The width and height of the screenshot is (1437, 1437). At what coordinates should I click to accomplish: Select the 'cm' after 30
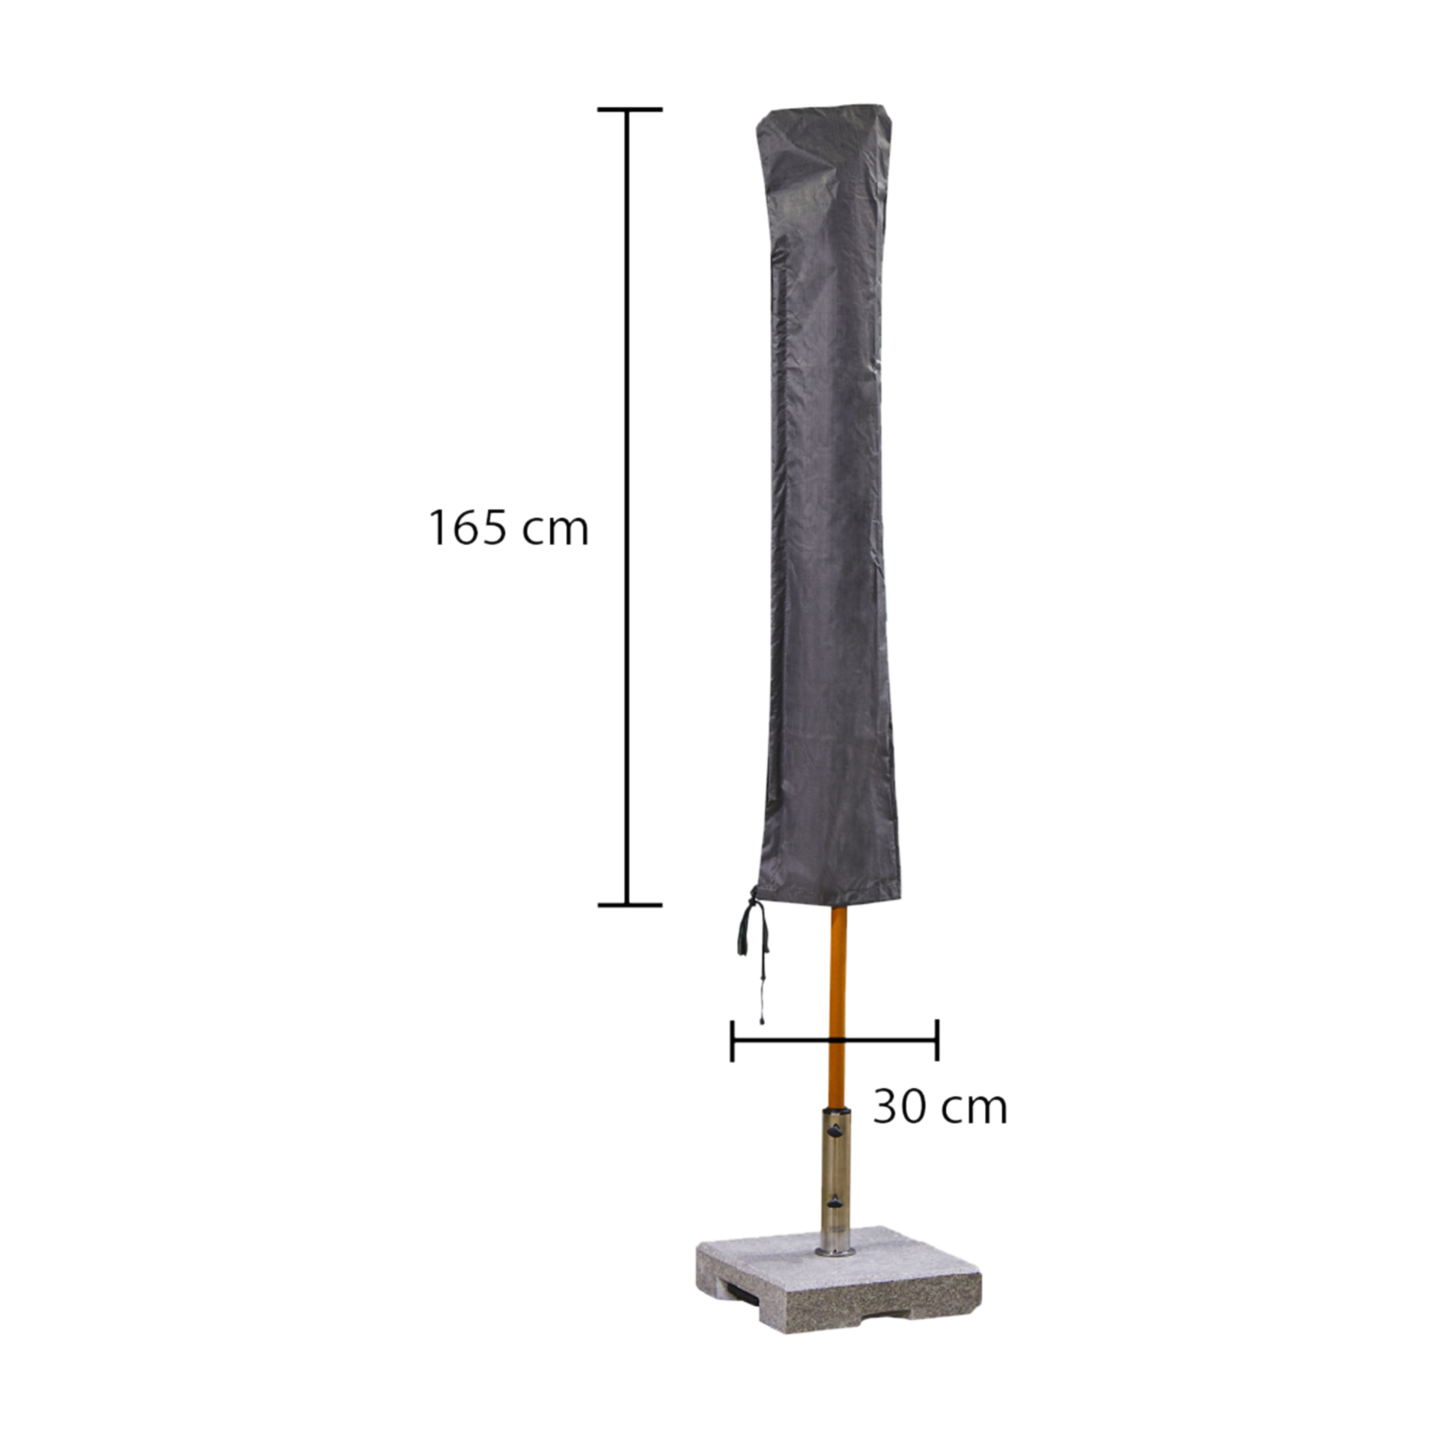[x=974, y=1111]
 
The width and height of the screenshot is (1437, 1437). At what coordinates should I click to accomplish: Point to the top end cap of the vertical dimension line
[x=629, y=109]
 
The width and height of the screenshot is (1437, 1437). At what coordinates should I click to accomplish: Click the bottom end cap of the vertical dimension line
[x=629, y=905]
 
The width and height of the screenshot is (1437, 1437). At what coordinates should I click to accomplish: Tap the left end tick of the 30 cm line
[x=732, y=1040]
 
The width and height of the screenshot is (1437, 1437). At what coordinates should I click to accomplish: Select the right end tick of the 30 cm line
[x=936, y=1040]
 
